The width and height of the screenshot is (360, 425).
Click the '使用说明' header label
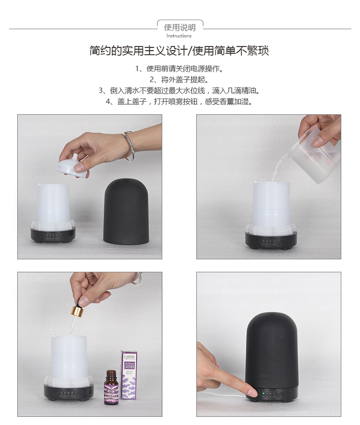180,27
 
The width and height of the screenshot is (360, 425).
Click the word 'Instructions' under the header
179,36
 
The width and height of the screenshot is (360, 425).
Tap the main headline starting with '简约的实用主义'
179,51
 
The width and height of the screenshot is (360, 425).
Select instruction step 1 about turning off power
179,69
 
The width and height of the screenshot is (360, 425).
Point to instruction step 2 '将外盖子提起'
179,79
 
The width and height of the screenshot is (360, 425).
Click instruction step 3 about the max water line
179,90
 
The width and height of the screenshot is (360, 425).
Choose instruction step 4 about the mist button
179,101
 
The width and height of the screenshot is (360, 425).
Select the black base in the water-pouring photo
271,240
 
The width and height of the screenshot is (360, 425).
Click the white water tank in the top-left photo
54,204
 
